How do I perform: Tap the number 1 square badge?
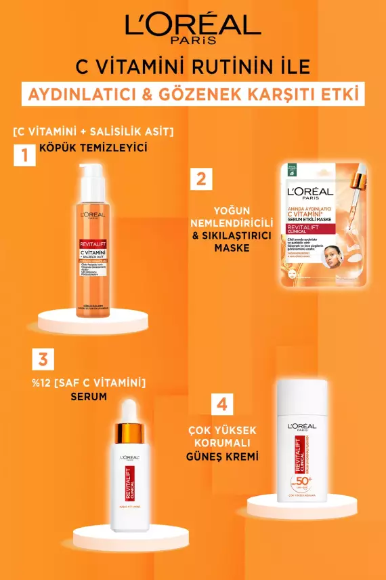tap(25, 155)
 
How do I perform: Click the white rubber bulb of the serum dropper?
tap(135, 408)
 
